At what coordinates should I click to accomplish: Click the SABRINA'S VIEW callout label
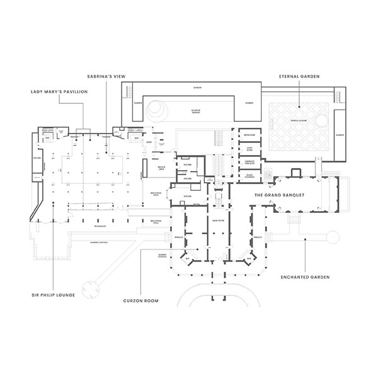pyautogui.click(x=107, y=76)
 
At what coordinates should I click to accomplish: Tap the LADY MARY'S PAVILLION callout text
pyautogui.click(x=59, y=92)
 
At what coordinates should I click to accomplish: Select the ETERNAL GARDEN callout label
pyautogui.click(x=300, y=76)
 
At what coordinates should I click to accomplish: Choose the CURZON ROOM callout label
pyautogui.click(x=141, y=301)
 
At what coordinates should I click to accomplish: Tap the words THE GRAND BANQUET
pyautogui.click(x=279, y=195)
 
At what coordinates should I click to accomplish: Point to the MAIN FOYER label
pyautogui.click(x=219, y=220)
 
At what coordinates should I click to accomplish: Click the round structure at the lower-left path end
pyautogui.click(x=93, y=289)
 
